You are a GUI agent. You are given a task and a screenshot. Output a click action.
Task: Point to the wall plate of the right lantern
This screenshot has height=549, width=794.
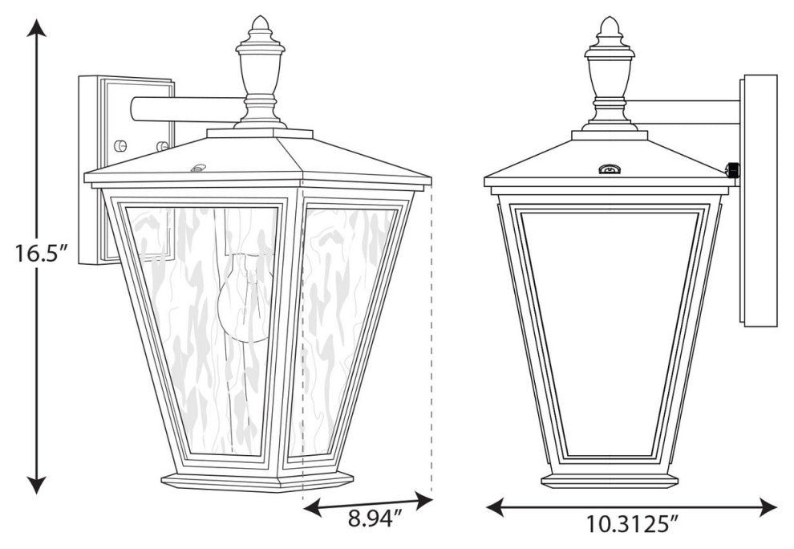pyautogui.click(x=758, y=201)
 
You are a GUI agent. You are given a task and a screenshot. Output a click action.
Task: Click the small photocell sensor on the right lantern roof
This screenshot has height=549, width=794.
pyautogui.click(x=610, y=169)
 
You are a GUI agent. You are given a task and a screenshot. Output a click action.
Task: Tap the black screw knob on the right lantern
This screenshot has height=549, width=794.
pyautogui.click(x=731, y=169)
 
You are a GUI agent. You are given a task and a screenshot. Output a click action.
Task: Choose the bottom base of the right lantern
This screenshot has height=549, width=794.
pyautogui.click(x=610, y=480)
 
